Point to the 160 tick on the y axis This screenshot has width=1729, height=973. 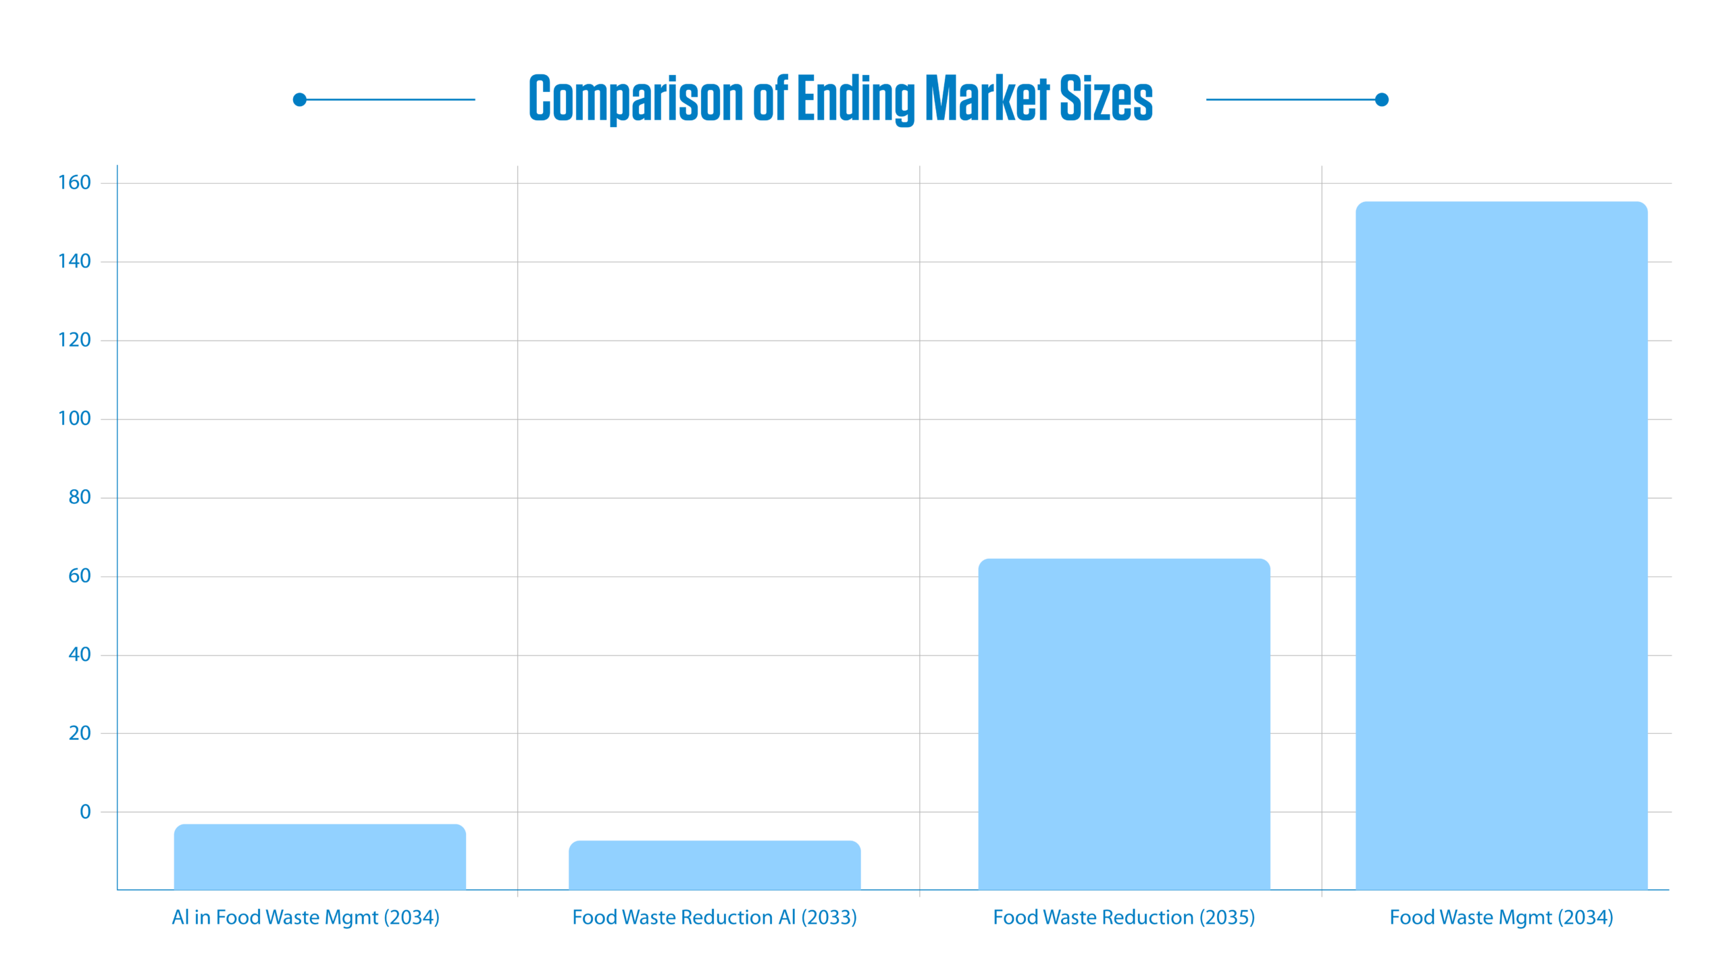click(74, 182)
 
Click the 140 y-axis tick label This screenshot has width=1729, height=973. click(74, 261)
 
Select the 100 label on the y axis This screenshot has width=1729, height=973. click(74, 419)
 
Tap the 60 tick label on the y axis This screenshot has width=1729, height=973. click(79, 576)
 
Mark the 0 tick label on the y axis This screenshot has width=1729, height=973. click(85, 812)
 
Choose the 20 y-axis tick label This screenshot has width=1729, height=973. click(79, 733)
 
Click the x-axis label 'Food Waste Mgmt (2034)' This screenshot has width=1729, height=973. click(1501, 917)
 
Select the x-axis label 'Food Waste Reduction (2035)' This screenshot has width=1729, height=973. click(1124, 917)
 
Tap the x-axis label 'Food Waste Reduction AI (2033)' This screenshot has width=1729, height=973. click(714, 917)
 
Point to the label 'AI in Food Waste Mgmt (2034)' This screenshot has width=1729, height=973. click(305, 917)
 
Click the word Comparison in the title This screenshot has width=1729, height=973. click(636, 99)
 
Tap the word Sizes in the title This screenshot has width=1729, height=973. click(1106, 99)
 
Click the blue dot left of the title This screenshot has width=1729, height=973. click(300, 100)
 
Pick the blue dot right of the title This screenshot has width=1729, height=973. click(1382, 100)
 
